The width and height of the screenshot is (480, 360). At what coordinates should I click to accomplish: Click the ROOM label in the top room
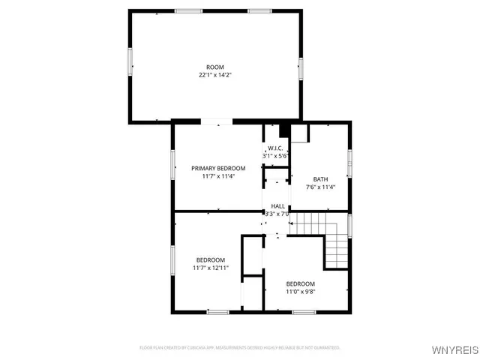point(215,67)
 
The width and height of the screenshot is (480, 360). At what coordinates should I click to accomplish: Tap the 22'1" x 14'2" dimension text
point(215,76)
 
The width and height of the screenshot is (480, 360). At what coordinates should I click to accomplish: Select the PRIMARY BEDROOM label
point(218,168)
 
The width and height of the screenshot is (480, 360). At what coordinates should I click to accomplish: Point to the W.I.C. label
point(275,148)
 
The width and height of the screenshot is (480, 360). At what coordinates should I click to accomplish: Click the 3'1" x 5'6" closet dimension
point(275,156)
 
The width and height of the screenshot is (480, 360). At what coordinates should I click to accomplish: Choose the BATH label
point(320,179)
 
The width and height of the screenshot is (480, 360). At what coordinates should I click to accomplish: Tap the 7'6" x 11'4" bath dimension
point(320,187)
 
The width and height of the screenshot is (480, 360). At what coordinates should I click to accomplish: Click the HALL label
point(277,206)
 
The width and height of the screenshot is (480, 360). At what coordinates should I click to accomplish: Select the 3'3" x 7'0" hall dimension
point(277,214)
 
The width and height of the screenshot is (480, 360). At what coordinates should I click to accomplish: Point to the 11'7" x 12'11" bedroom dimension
point(211,268)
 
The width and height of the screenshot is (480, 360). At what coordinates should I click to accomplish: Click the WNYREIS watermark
point(452,350)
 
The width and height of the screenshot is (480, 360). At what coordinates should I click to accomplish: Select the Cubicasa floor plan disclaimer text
point(240,348)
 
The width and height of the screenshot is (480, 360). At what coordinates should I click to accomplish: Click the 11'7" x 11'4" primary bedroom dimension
point(218,177)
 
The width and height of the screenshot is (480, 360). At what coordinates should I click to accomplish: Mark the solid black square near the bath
point(283,130)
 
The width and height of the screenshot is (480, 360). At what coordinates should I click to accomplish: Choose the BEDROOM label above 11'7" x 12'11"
point(211,259)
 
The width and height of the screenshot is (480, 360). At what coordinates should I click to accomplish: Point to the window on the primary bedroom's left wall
point(173,164)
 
